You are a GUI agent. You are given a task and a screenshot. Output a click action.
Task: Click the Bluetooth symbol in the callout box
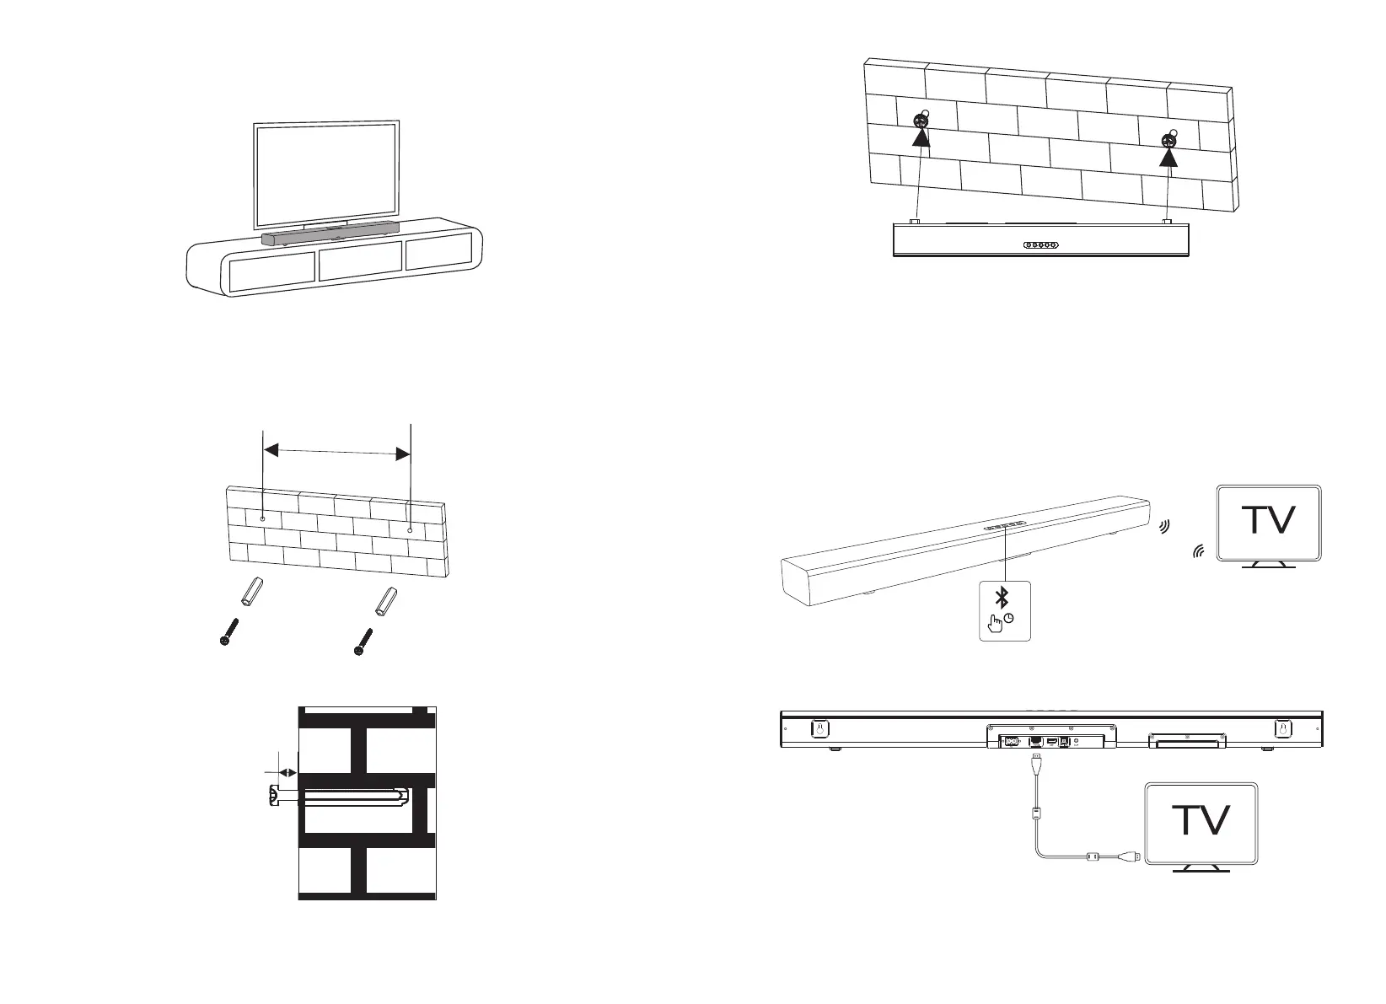(x=1002, y=599)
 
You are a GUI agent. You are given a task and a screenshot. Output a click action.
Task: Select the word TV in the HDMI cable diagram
(x=1201, y=820)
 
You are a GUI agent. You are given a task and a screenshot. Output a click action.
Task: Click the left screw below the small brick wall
(x=227, y=631)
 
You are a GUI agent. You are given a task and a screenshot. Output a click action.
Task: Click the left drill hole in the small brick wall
(x=264, y=518)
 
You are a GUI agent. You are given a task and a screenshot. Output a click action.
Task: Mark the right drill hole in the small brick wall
(x=411, y=529)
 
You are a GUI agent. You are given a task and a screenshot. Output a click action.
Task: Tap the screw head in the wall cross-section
(x=272, y=796)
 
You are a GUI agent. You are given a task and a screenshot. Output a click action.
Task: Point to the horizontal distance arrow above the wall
(x=337, y=453)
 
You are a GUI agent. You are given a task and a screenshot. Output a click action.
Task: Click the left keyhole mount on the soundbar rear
(x=817, y=728)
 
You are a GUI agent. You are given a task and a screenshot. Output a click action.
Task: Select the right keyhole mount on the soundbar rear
(x=1282, y=728)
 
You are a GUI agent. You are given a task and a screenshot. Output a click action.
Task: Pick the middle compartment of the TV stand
(x=360, y=265)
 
